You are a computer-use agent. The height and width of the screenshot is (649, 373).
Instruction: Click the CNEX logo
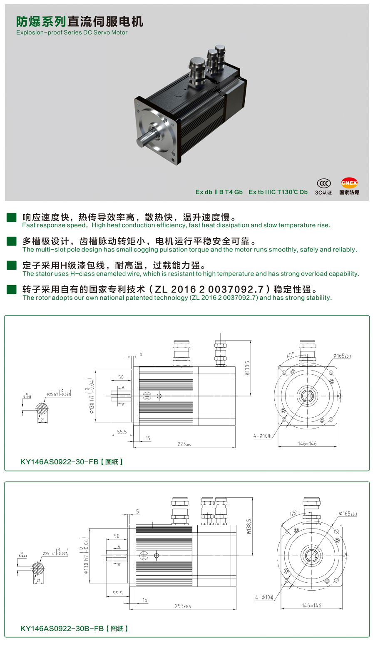tap(349, 183)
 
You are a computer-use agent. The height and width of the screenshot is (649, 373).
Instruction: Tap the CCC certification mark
tap(323, 183)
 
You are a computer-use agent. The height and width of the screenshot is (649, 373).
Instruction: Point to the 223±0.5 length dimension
tap(184, 444)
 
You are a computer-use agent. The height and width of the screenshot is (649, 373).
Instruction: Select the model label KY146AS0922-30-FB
tap(59, 462)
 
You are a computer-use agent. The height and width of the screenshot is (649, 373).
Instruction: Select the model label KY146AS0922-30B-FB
tap(62, 628)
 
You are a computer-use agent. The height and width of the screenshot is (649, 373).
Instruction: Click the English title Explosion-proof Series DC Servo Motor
tap(72, 33)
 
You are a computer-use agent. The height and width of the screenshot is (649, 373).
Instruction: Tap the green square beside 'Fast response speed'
tap(11, 217)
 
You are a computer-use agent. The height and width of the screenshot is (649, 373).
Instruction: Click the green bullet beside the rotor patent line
tap(11, 289)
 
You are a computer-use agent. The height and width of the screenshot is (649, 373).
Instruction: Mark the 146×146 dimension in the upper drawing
tap(307, 444)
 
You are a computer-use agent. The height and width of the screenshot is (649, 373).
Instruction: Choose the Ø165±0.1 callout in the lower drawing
tap(348, 514)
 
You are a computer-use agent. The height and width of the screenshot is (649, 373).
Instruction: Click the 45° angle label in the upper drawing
tap(290, 355)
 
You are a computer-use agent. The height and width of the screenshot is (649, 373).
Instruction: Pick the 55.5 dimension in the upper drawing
tap(122, 432)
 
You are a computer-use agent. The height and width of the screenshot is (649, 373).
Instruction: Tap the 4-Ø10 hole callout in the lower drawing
tap(264, 598)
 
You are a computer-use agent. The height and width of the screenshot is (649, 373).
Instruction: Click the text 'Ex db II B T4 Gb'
tap(219, 192)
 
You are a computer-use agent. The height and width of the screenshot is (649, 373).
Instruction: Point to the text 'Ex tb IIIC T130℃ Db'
tap(278, 192)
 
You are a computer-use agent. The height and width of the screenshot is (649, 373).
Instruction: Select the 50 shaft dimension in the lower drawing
tap(117, 536)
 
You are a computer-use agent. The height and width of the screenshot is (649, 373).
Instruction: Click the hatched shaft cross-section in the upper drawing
tap(41, 408)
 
